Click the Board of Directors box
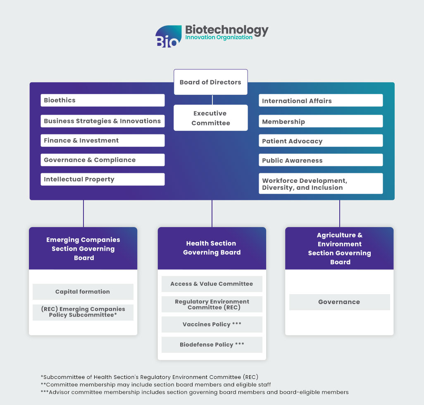(210, 82)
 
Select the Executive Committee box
(210, 118)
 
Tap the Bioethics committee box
(102, 100)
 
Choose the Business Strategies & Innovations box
(102, 121)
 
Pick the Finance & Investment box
(102, 140)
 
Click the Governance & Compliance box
(102, 160)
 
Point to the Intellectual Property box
(102, 179)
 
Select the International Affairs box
(321, 101)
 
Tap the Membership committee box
(321, 121)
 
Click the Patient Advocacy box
(321, 141)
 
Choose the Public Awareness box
(321, 160)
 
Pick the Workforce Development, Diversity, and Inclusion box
(321, 184)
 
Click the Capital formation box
(83, 292)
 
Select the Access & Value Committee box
(212, 284)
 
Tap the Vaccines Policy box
(212, 324)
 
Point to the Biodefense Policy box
(212, 345)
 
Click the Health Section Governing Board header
(212, 248)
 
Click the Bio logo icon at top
(168, 36)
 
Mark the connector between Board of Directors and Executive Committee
(212, 100)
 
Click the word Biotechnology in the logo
(226, 30)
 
